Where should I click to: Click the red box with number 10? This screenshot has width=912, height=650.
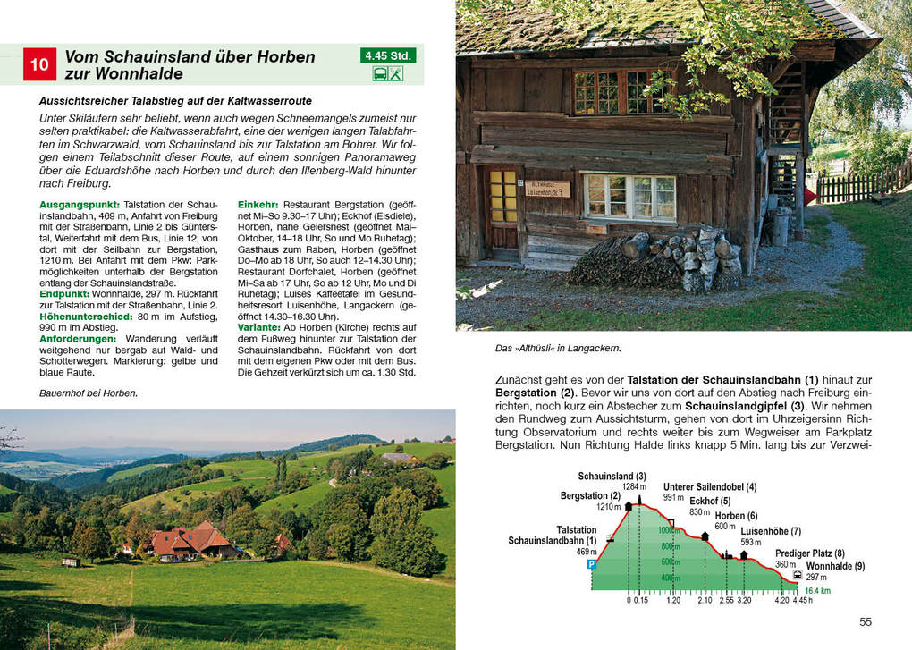(39, 64)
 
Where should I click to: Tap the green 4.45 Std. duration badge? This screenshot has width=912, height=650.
(388, 55)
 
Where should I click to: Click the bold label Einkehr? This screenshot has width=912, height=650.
(258, 205)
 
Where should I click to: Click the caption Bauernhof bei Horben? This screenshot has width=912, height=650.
(89, 393)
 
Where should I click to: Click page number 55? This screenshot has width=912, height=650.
(865, 622)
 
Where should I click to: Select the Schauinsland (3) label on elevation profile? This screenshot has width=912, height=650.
(612, 477)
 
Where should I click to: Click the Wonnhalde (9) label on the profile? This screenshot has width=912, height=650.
(835, 566)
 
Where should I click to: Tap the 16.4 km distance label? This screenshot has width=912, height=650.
(817, 591)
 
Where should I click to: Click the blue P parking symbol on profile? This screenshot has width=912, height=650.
(591, 564)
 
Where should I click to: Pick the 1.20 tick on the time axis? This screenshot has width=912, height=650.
(673, 601)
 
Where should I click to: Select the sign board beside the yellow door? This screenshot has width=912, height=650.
(547, 190)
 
